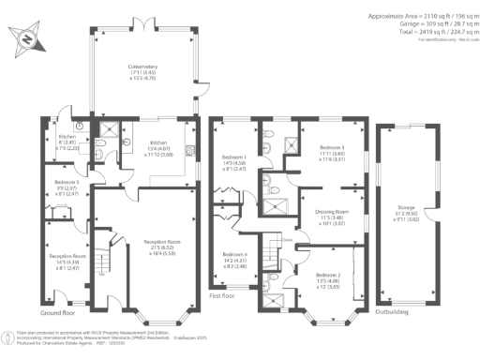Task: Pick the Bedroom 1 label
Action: pyautogui.click(x=234, y=161)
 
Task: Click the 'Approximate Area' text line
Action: pyautogui.click(x=421, y=16)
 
